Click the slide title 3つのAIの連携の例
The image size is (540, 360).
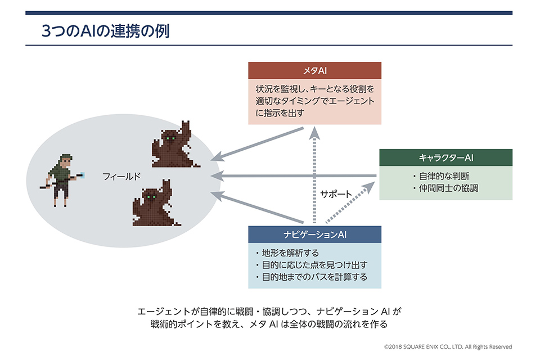coord(106,31)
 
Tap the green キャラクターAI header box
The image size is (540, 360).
coord(445,157)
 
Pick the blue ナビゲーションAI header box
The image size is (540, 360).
coord(315,234)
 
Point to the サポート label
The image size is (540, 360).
coord(336,195)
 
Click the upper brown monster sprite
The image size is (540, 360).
coord(173,145)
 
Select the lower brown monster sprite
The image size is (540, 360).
coord(155,203)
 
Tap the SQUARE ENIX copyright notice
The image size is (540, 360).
coord(448,347)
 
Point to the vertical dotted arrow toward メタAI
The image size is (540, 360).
coord(316,174)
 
